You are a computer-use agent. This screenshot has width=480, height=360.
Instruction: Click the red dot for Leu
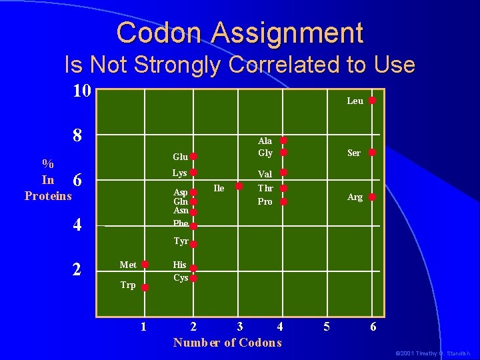373,101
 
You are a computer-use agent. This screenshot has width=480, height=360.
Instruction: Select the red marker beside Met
145,265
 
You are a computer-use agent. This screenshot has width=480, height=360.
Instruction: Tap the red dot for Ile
239,186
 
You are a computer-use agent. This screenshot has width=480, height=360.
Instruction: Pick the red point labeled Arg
373,197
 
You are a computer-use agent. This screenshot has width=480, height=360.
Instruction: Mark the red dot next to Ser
373,153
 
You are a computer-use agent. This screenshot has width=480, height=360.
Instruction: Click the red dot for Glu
193,157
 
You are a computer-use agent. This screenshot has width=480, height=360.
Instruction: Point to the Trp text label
128,285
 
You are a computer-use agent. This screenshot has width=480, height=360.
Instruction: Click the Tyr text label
181,241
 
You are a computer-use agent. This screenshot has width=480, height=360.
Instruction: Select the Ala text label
265,141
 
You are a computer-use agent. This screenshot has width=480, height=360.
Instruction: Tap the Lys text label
180,173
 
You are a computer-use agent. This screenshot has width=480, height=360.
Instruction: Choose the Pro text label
265,201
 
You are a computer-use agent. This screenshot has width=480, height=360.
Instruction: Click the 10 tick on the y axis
81,91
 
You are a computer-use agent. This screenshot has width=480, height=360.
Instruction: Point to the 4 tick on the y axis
77,225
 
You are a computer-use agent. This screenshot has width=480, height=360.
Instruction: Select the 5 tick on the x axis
327,327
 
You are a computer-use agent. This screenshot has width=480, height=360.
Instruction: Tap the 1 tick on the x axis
143,327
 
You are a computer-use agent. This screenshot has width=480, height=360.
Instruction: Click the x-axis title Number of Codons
227,343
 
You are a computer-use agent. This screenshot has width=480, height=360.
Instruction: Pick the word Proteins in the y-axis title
48,195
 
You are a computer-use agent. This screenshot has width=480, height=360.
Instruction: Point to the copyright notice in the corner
433,353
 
